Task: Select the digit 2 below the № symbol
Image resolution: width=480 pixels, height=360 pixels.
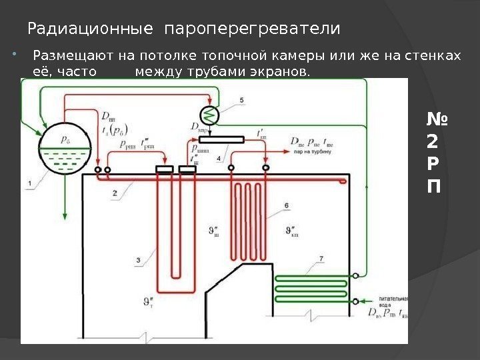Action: (433, 142)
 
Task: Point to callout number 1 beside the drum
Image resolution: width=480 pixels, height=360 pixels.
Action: (29, 182)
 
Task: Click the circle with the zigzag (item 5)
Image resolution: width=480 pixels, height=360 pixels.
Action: (210, 115)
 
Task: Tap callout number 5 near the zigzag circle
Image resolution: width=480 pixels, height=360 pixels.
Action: (241, 100)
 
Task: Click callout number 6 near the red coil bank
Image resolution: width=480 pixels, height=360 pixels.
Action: (286, 205)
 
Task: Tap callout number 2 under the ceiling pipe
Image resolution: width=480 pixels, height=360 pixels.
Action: (115, 192)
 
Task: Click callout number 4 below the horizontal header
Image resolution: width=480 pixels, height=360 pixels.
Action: (219, 159)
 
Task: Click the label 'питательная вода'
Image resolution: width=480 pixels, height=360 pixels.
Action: (386, 303)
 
